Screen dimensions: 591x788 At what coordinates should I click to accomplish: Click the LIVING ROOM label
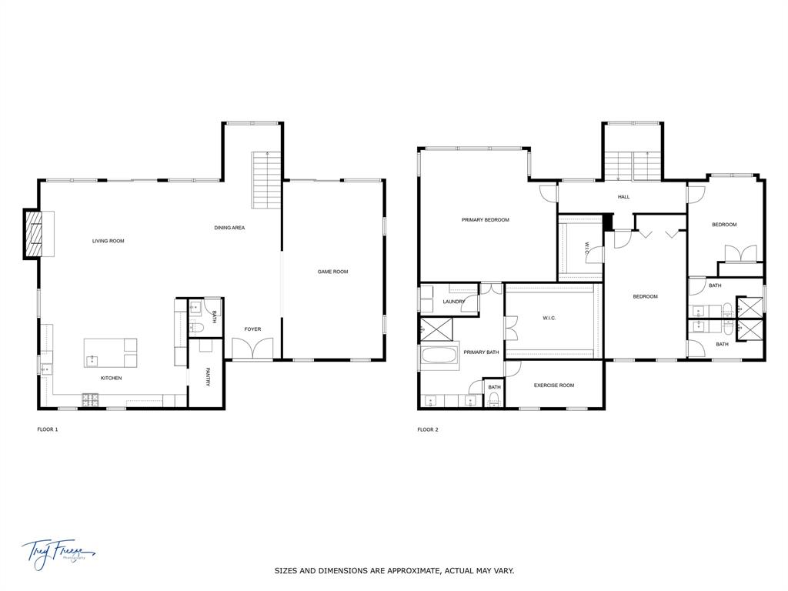coord(108,241)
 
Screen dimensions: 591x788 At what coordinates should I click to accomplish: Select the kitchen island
coord(111,352)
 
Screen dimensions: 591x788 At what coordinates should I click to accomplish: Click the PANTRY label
coord(208,376)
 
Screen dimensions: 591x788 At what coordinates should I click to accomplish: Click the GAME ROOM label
coord(333,272)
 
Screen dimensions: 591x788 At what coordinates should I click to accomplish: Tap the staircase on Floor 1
coord(265,180)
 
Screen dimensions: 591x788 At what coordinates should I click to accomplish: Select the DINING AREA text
coord(229,228)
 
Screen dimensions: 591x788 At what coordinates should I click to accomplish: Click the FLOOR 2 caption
coord(428,429)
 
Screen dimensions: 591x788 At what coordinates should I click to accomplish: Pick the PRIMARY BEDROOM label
coord(486,220)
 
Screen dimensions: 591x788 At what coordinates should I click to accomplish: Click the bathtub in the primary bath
coord(438,358)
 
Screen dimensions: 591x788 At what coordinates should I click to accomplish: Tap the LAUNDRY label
coord(453,302)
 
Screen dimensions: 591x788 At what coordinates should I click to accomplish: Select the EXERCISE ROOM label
coord(554,386)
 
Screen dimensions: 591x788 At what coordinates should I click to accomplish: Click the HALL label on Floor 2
coord(623,197)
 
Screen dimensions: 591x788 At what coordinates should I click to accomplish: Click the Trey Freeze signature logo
coord(57,552)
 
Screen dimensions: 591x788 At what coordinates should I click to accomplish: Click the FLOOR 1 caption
coord(48,429)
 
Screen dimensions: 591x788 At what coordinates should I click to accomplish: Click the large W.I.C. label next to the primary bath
coord(549,318)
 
